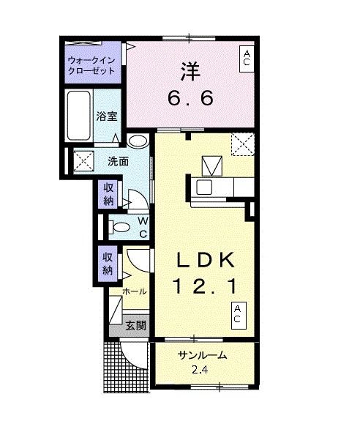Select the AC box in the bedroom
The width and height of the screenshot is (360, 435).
pos(247,59)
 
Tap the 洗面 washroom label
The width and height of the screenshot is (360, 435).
pos(119,161)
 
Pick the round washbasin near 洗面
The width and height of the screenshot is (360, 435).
pos(137,141)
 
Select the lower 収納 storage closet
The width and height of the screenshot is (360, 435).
pos(108,264)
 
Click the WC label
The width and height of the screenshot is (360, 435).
pos(143,227)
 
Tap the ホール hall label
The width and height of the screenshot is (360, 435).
pos(134,291)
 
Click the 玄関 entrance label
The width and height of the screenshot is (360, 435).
pos(134,325)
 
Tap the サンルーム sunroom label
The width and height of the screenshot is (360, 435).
pos(203,356)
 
